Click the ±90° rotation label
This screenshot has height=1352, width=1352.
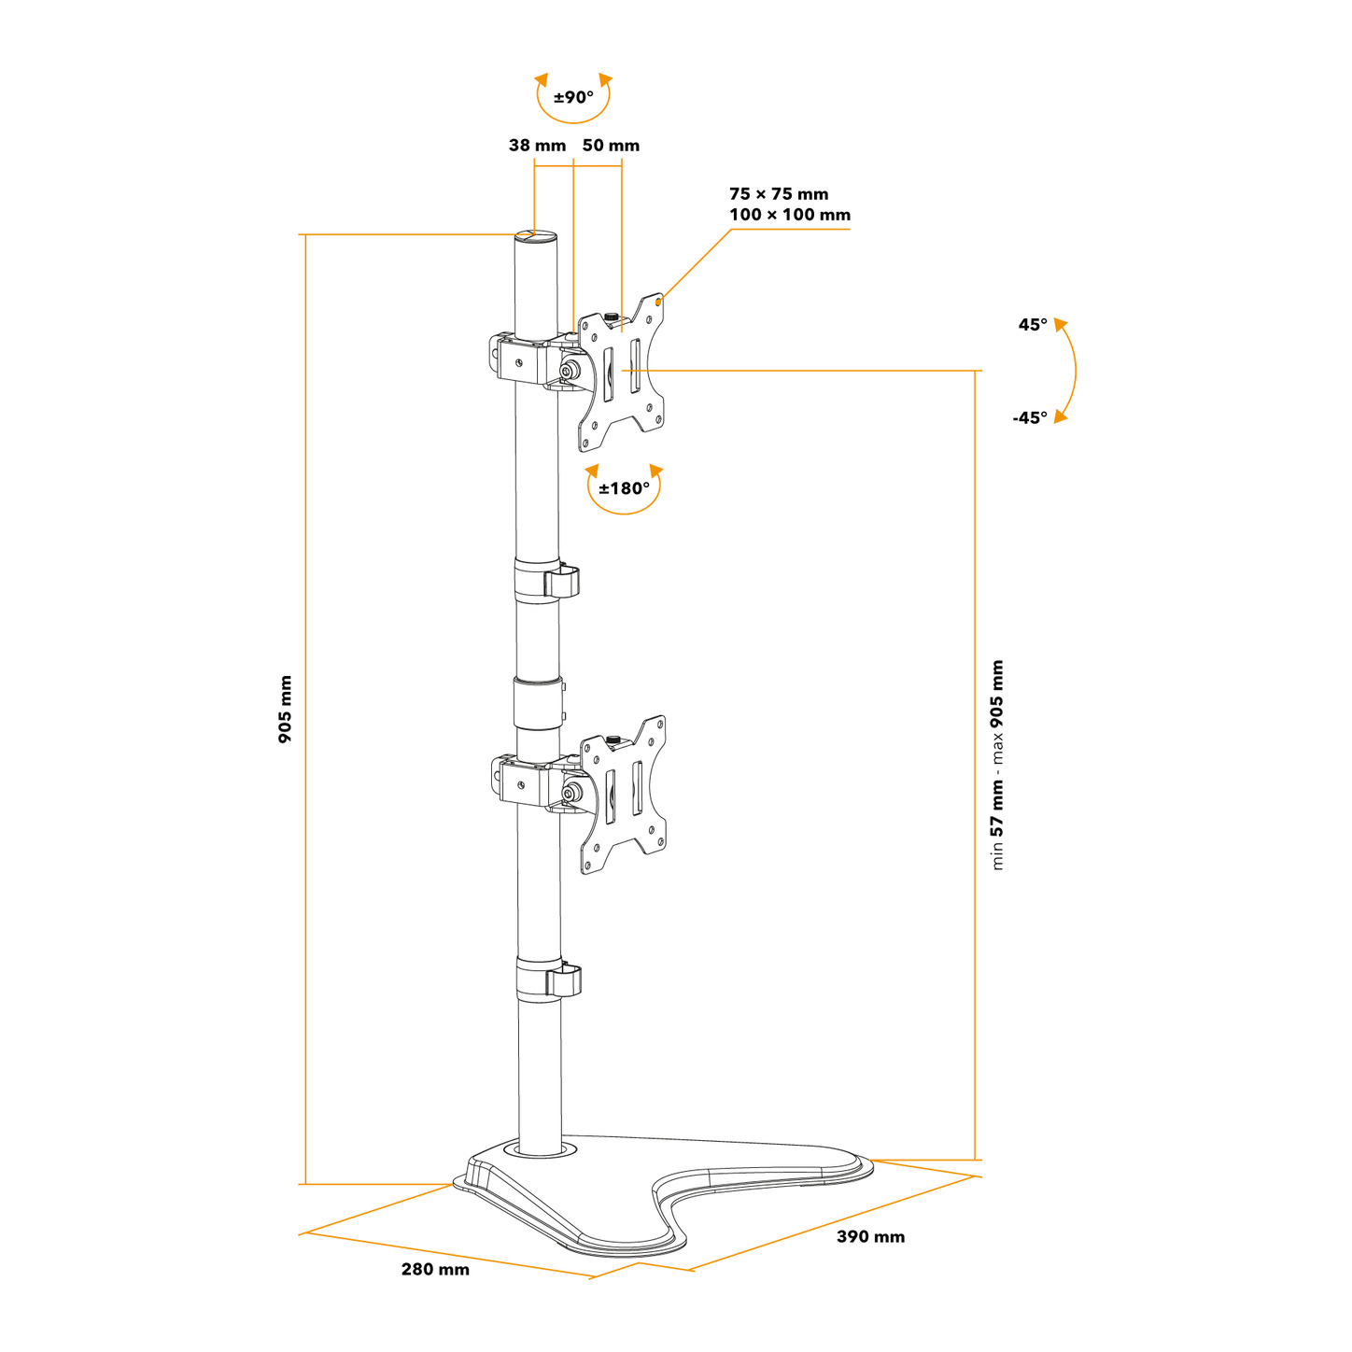[x=573, y=97]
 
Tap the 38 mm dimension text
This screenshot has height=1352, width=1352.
[x=537, y=146]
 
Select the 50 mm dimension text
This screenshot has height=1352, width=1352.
[x=611, y=146]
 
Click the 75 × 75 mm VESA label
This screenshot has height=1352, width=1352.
[x=778, y=193]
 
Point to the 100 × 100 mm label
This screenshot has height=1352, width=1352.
[x=789, y=215]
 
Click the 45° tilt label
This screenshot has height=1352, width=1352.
[x=1032, y=325]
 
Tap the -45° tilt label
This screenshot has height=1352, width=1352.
[x=1029, y=417]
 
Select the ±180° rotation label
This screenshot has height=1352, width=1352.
[x=624, y=488]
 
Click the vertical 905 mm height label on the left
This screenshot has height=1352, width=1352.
[x=285, y=710]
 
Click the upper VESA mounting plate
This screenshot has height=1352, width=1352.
[x=621, y=372]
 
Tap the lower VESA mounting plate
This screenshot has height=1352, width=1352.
[x=623, y=795]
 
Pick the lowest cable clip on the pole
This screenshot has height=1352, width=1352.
[x=549, y=980]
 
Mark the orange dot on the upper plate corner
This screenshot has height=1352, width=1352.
[x=658, y=303]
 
